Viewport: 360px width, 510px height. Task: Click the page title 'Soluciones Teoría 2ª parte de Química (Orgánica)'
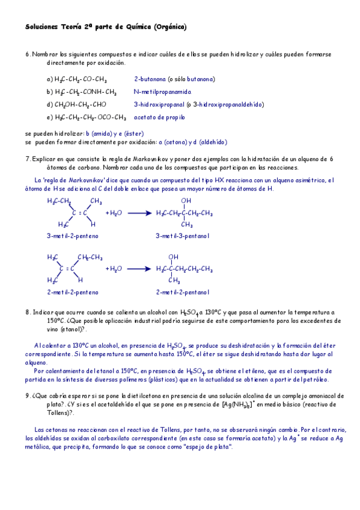tap(106, 27)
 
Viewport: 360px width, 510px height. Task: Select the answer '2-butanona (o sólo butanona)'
tap(174, 79)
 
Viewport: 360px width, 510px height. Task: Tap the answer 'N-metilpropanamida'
tap(162, 92)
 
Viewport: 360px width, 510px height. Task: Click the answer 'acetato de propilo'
tap(159, 117)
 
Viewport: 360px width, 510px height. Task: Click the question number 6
tap(28, 54)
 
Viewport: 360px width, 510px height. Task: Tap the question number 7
tap(28, 159)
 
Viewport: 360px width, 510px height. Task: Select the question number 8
tap(28, 312)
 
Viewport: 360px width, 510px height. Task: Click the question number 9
tap(28, 396)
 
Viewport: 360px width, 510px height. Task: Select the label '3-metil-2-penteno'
tap(73, 236)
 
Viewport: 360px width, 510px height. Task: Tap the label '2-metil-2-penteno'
tap(73, 292)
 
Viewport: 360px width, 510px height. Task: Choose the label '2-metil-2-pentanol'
tap(183, 292)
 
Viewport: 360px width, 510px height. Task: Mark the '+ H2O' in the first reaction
tap(114, 213)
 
